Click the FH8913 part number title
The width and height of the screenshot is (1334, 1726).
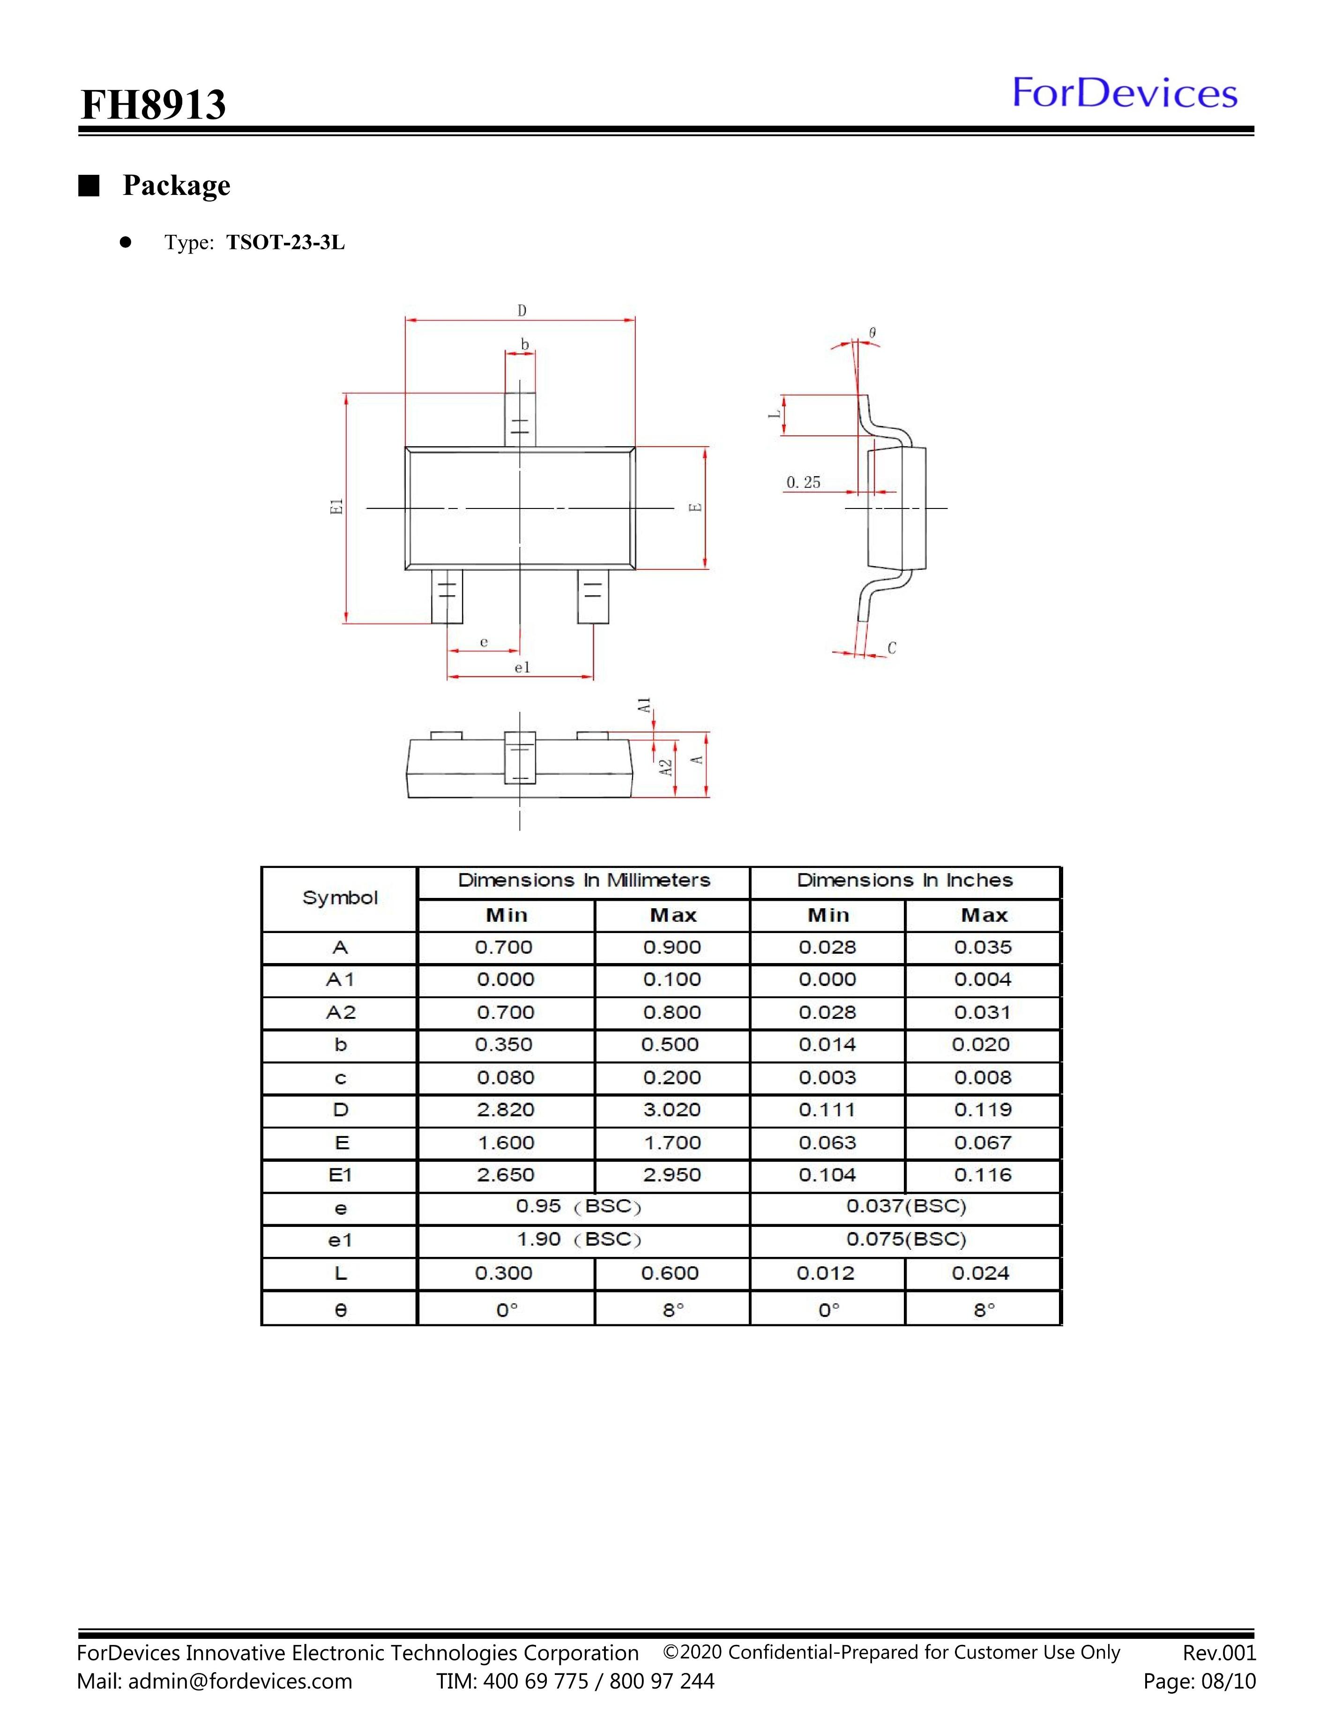(153, 105)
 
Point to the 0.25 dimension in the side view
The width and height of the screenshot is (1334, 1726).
(803, 482)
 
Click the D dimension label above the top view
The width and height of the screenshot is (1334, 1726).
(522, 311)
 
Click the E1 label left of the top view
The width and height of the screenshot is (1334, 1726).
(336, 508)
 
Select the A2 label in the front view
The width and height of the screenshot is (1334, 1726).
(666, 767)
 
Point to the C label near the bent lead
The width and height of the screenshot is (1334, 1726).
(891, 648)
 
